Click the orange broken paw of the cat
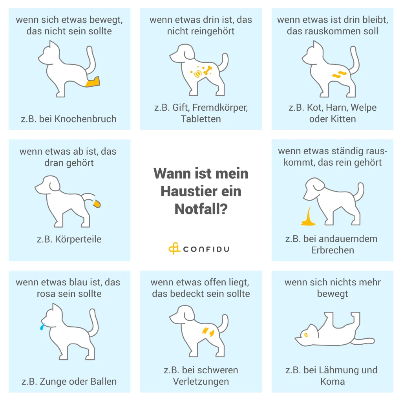pyautogui.click(x=93, y=82)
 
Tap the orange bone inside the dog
pyautogui.click(x=207, y=71)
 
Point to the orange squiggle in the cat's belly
pyautogui.click(x=339, y=74)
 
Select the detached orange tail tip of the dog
pyautogui.click(x=97, y=204)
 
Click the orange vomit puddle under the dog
pyautogui.click(x=308, y=217)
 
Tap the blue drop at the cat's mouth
pyautogui.click(x=42, y=327)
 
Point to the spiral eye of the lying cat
pyautogui.click(x=305, y=334)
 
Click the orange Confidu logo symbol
pyautogui.click(x=174, y=248)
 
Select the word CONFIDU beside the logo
pyautogui.click(x=206, y=249)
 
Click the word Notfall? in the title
pyautogui.click(x=201, y=209)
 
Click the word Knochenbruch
pyautogui.click(x=85, y=119)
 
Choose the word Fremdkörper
pyautogui.click(x=220, y=108)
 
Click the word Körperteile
pyautogui.click(x=78, y=239)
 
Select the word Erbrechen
pyautogui.click(x=333, y=250)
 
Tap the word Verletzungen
pyautogui.click(x=201, y=382)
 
